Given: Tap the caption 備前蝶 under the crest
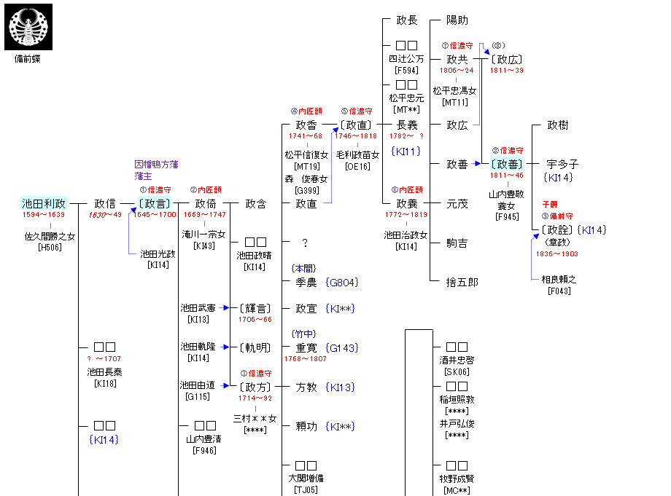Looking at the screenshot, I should (28, 59).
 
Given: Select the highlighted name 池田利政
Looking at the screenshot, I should (44, 204).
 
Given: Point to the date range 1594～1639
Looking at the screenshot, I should (43, 215).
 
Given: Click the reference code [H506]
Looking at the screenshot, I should (50, 247).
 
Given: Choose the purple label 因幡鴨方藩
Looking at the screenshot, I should (156, 165).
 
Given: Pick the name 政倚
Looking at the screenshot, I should (206, 204).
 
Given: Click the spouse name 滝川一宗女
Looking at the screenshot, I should (204, 235).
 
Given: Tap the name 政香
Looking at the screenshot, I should (306, 125).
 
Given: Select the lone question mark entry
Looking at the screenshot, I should (305, 243).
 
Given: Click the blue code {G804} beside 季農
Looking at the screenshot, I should (342, 282).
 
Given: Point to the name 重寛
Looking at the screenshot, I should (306, 348).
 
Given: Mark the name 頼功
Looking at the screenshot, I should (306, 427).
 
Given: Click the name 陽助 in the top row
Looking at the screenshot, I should (457, 20).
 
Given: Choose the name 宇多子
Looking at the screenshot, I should (562, 165).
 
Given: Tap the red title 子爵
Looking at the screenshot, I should (550, 205).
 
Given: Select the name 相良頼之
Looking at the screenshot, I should (559, 280).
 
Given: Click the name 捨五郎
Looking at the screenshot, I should (462, 282).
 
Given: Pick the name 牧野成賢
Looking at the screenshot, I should (457, 479).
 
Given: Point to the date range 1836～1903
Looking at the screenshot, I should (557, 253).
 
